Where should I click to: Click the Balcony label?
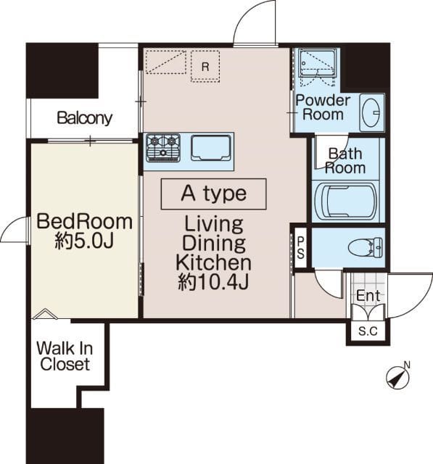tap(85, 118)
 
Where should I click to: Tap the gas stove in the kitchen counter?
tap(163, 148)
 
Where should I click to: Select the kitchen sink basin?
tap(211, 148)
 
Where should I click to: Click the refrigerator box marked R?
tap(205, 66)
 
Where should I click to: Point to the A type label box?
tap(214, 194)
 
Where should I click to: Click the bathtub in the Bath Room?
tap(345, 202)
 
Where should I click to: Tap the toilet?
tap(366, 247)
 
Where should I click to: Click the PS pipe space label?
tap(300, 248)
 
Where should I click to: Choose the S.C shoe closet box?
tap(368, 331)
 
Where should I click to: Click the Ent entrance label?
tap(368, 295)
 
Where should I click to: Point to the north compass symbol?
tap(398, 376)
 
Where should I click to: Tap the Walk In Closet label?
tap(65, 356)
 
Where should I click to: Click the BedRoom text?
tap(85, 221)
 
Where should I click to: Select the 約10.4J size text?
tap(213, 282)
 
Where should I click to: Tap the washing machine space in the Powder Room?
tap(318, 67)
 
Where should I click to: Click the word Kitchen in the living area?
tap(214, 262)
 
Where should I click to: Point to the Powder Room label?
tap(323, 107)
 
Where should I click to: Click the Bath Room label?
tap(345, 161)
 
